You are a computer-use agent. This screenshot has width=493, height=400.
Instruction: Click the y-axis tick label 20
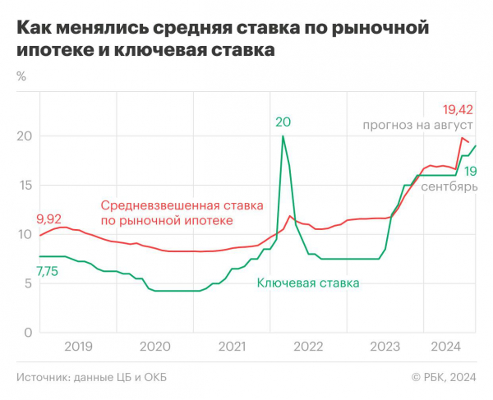pos(23,136)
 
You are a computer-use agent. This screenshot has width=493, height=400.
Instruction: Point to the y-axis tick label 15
pos(23,185)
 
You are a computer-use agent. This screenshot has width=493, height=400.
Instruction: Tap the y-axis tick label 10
pos(23,234)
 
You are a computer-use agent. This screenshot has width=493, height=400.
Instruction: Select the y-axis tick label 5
pos(26,283)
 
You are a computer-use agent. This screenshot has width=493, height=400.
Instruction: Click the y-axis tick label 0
pos(26,333)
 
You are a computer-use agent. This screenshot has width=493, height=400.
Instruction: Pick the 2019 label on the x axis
pos(78,347)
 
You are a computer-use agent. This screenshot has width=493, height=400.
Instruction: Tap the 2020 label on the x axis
pos(155,347)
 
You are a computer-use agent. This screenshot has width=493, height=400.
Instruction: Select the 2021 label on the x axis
pos(232,347)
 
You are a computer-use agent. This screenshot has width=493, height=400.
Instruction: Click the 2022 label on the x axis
pos(308,347)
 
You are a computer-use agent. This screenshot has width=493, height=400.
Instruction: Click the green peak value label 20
pos(283,122)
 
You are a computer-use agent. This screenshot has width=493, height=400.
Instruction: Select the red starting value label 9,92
pos(49,219)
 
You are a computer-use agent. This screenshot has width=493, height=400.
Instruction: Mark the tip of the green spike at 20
pos(283,136)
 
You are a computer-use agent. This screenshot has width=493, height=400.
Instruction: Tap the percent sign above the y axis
pos(21,77)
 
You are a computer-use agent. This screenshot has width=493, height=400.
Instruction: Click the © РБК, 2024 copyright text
pos(444,377)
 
